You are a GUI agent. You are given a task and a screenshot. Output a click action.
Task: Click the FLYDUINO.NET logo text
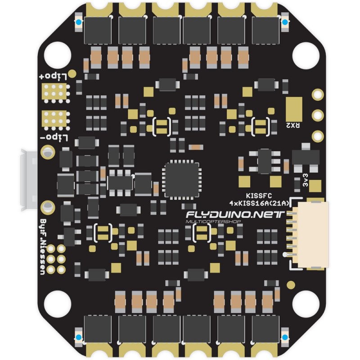(x=235, y=215)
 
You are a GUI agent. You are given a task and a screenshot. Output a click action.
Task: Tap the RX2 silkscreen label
(x=293, y=126)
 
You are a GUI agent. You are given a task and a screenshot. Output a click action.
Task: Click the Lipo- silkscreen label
(x=54, y=137)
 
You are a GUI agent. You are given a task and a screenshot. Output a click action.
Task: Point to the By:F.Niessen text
(x=43, y=247)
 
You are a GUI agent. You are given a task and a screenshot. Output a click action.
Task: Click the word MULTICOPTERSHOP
(x=213, y=221)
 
